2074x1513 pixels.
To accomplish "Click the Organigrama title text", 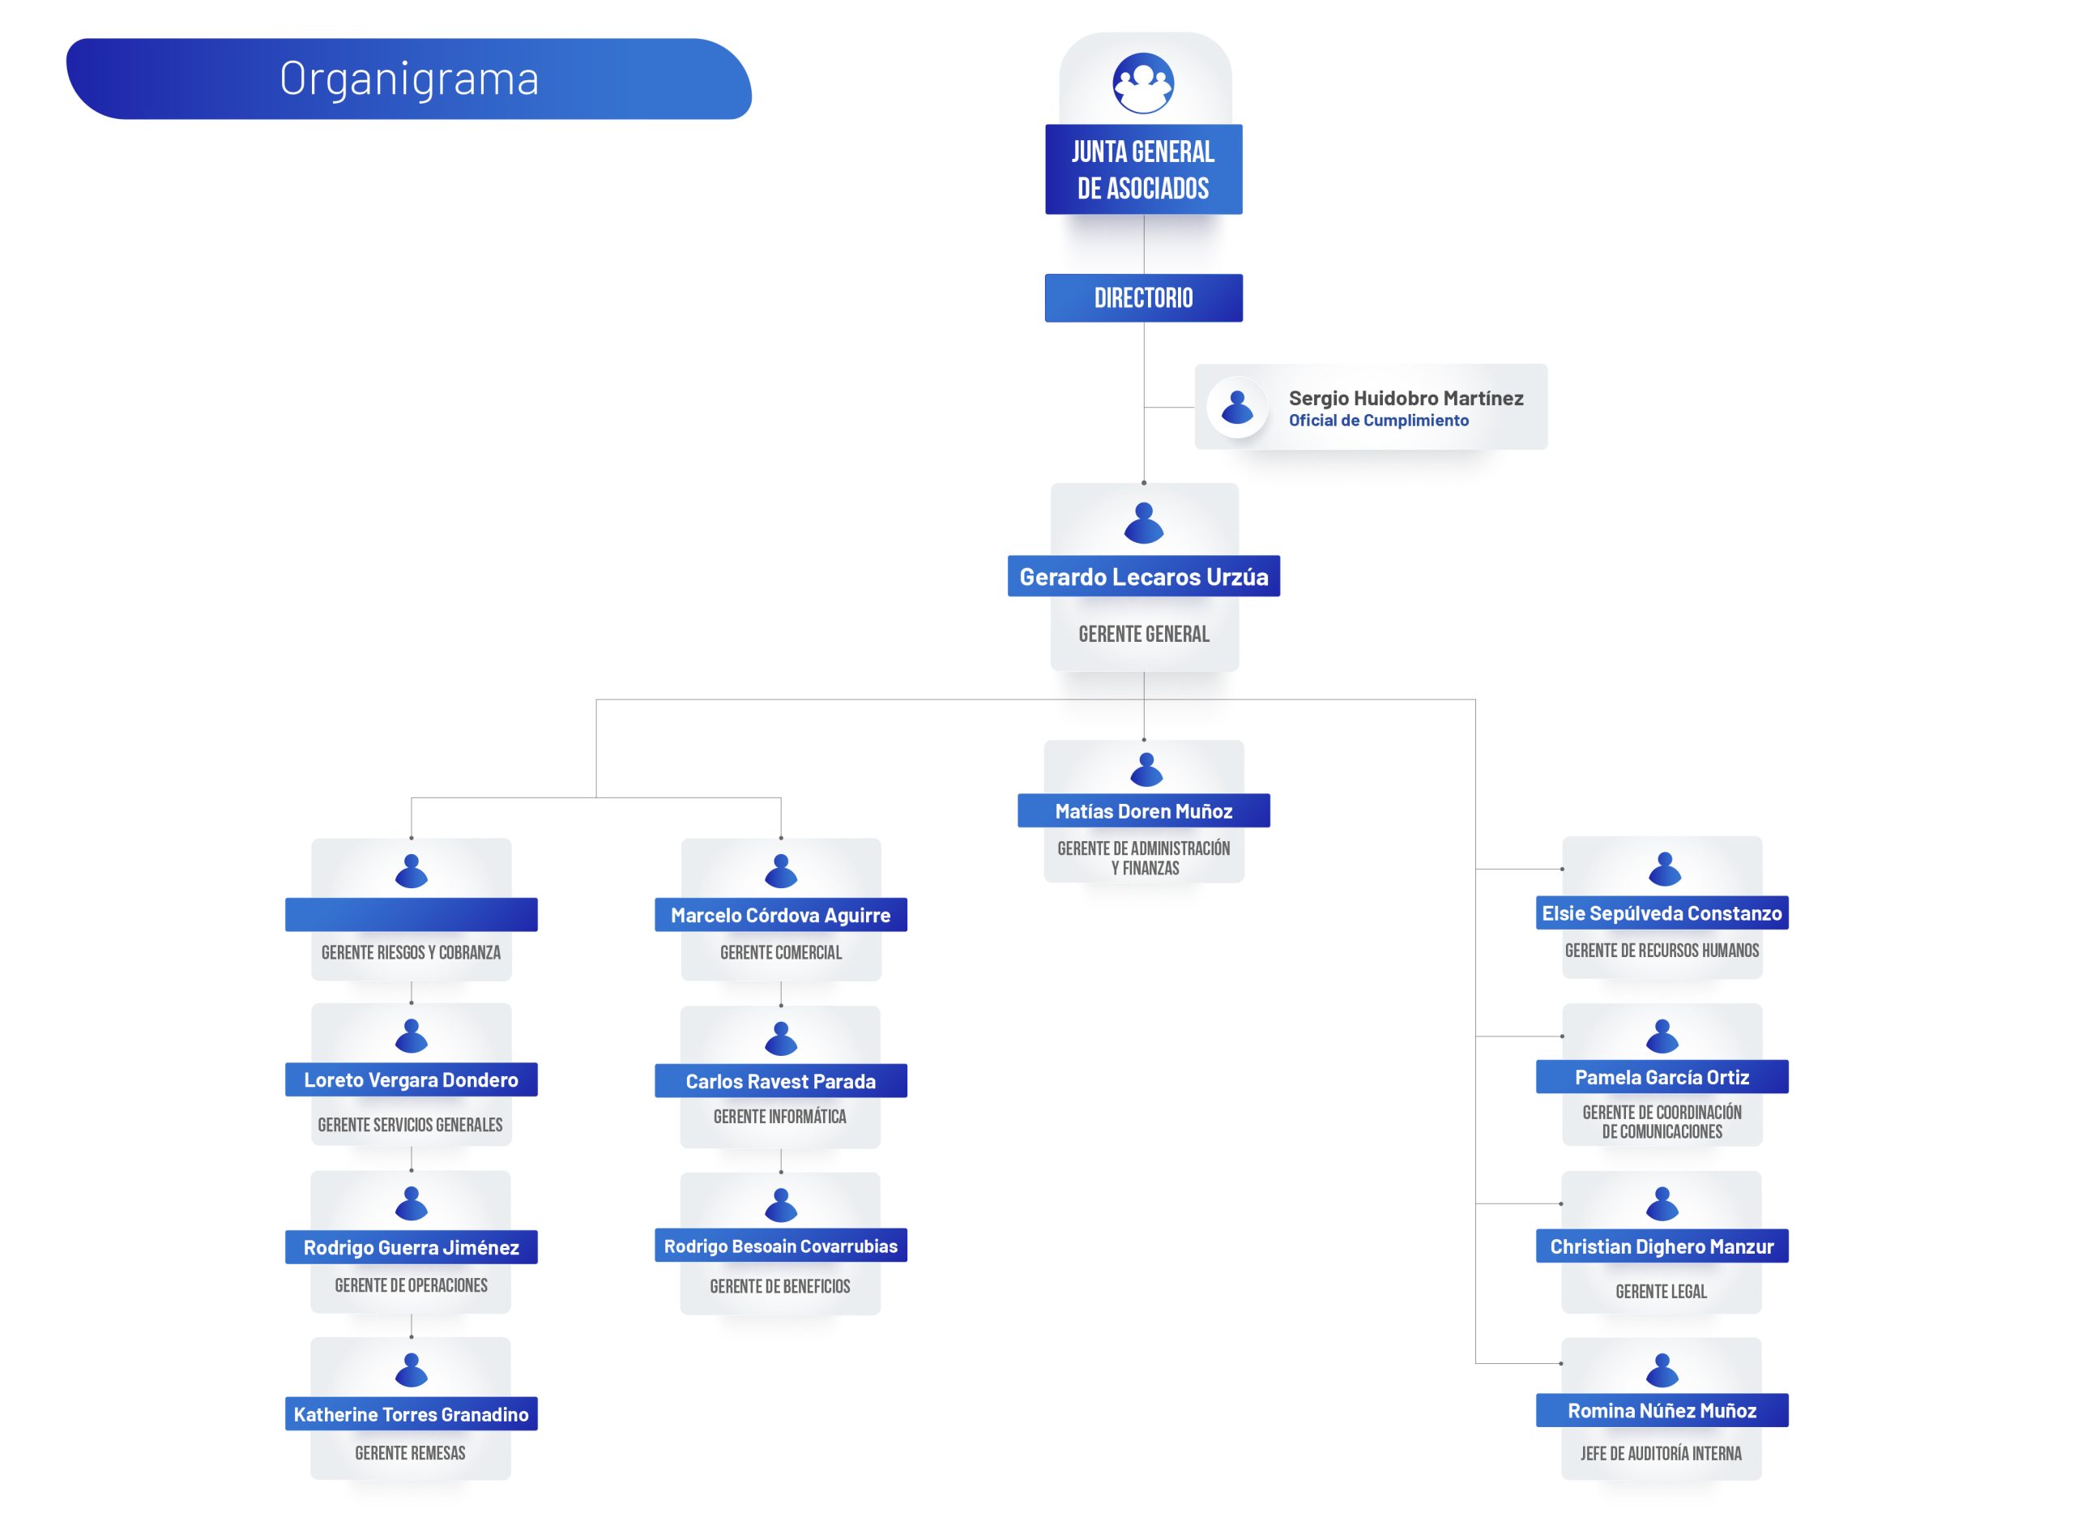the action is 409,79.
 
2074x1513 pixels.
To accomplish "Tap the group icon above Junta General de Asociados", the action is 1143,83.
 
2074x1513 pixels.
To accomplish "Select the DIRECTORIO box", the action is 1144,297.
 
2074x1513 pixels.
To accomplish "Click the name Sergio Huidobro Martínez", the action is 1406,399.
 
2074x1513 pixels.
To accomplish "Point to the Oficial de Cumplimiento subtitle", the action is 1378,421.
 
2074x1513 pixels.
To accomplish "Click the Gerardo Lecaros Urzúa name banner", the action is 1144,576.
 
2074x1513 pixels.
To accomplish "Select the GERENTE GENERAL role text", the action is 1144,634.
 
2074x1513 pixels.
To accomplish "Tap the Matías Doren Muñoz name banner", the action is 1144,810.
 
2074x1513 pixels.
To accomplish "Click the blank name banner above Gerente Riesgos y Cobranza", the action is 411,915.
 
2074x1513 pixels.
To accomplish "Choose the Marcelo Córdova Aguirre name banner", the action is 780,915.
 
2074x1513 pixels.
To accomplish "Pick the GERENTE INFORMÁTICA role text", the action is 780,1117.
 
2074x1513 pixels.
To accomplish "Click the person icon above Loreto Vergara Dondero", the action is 411,1036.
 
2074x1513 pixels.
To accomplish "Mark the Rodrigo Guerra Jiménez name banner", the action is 411,1247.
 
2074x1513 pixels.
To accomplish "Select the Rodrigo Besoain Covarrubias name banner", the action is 780,1246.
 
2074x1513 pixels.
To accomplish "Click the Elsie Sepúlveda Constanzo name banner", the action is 1662,913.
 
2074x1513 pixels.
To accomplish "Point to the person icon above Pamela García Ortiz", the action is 1662,1036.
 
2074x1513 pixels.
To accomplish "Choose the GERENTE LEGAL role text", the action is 1661,1292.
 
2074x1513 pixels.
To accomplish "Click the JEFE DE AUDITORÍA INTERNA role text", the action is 1661,1454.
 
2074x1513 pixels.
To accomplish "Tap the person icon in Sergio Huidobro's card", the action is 1237,407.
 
